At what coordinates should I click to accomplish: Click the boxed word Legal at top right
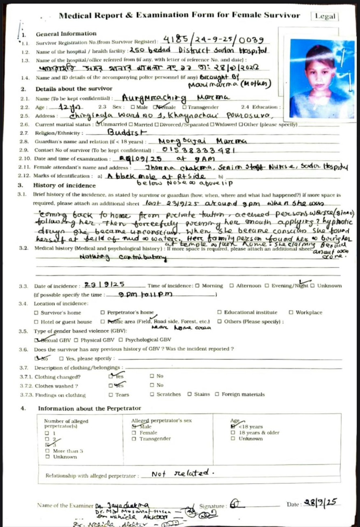tap(325, 16)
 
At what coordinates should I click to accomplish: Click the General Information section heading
tap(66, 34)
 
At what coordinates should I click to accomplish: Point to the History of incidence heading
tap(64, 185)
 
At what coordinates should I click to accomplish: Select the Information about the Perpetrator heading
tap(89, 408)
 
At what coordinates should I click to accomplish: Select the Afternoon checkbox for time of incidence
tap(232, 286)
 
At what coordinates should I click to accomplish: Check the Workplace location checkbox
tap(291, 312)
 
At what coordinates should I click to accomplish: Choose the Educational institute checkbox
tap(219, 312)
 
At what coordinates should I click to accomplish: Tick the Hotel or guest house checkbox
tap(36, 322)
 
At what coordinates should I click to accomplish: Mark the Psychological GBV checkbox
tap(121, 340)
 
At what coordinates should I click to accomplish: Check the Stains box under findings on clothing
tap(189, 394)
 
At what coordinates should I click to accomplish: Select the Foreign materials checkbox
tap(217, 394)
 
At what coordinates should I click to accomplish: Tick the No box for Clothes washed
tap(152, 385)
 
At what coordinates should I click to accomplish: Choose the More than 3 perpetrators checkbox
tap(47, 451)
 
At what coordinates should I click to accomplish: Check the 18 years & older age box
tap(233, 433)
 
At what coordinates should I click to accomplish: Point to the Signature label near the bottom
tap(212, 506)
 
